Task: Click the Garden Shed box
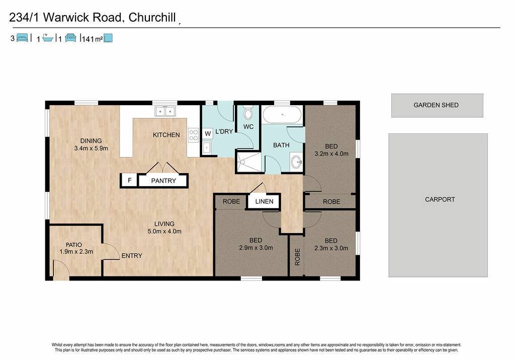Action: [437, 105]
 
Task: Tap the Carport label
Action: [440, 199]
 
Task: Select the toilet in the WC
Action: [248, 113]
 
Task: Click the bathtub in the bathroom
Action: [282, 115]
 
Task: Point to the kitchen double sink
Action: [165, 111]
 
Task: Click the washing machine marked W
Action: [208, 134]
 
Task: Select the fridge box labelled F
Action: [130, 180]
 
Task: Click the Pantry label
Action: [163, 180]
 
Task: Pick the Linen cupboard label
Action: [264, 201]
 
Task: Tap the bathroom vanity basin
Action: [297, 162]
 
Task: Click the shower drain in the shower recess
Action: [243, 162]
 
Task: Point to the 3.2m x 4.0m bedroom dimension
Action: [331, 154]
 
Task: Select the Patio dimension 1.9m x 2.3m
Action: [76, 252]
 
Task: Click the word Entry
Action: [132, 255]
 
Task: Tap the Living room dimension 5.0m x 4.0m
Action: [164, 231]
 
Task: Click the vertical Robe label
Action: [297, 257]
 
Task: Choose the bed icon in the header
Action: [22, 38]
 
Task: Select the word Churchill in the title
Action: [152, 18]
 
